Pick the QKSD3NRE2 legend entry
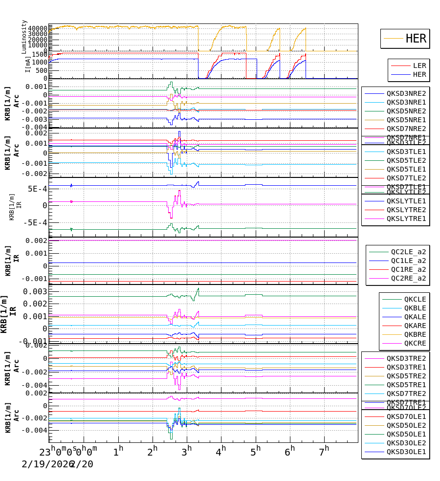[406, 93]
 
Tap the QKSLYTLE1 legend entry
[406, 201]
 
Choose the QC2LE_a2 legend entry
[408, 252]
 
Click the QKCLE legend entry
[415, 299]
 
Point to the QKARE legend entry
[415, 326]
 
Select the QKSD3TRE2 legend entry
[406, 358]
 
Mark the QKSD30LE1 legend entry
[406, 452]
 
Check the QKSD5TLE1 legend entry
[406, 169]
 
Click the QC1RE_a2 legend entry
[408, 269]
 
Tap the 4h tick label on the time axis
[220, 449]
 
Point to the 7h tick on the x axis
[324, 449]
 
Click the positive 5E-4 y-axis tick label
[37, 189]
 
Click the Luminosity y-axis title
[24, 36]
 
